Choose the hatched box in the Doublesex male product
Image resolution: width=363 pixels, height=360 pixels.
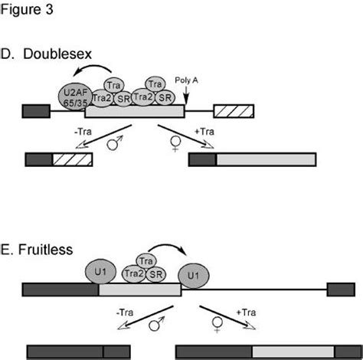pos(71,160)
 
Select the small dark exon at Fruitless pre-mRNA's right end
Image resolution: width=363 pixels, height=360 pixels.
pos(338,290)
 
